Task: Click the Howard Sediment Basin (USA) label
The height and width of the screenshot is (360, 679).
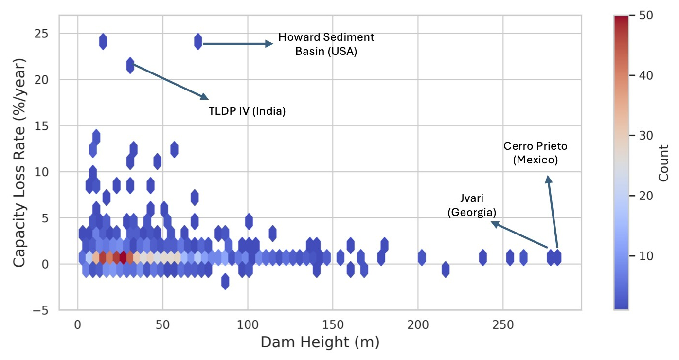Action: point(326,44)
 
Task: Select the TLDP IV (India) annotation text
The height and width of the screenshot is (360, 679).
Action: point(247,111)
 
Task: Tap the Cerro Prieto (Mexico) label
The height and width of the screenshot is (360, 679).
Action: point(535,152)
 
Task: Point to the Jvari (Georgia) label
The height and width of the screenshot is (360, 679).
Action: point(472,205)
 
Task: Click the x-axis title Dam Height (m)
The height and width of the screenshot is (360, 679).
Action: point(320,342)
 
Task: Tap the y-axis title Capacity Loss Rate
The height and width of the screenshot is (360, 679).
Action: point(18,162)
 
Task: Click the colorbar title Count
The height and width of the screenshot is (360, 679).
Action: point(663,162)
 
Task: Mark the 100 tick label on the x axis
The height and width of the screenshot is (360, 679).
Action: point(248,324)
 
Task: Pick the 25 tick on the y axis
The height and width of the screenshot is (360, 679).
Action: point(46,34)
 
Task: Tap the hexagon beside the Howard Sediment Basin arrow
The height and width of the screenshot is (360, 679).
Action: point(198,41)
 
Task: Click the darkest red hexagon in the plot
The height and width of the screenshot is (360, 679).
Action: point(123,257)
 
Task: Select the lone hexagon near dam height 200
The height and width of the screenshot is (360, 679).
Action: point(422,257)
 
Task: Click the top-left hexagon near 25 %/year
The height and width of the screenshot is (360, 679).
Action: point(103,41)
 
